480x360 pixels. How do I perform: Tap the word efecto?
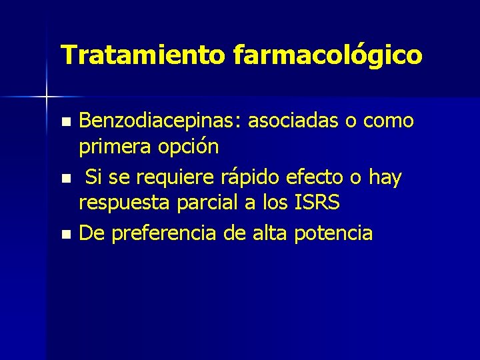pyautogui.click(x=315, y=177)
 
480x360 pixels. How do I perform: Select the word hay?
pyautogui.click(x=385, y=178)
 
